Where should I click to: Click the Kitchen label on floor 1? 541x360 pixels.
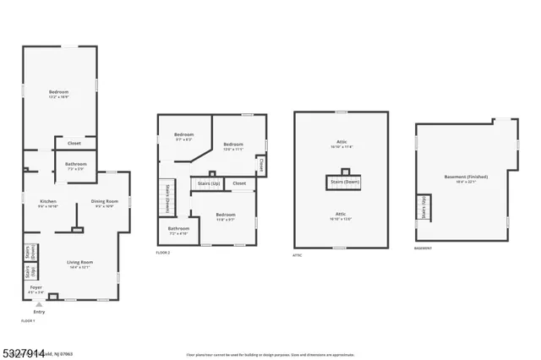pyautogui.click(x=47, y=201)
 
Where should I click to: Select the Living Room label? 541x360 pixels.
pyautogui.click(x=79, y=262)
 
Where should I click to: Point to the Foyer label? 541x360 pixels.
pyautogui.click(x=36, y=287)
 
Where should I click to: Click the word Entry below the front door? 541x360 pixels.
pyautogui.click(x=39, y=312)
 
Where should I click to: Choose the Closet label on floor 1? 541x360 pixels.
pyautogui.click(x=75, y=143)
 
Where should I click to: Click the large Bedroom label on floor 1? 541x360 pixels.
pyautogui.click(x=58, y=92)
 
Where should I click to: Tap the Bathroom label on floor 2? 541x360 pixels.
pyautogui.click(x=178, y=229)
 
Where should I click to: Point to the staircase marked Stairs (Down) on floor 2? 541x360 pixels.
pyautogui.click(x=168, y=198)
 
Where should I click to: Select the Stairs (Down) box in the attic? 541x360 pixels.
pyautogui.click(x=341, y=182)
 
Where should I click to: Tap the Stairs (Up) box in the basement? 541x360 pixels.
pyautogui.click(x=424, y=208)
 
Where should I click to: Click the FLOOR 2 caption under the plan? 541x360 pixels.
pyautogui.click(x=164, y=252)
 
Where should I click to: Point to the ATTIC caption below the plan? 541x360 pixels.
pyautogui.click(x=297, y=254)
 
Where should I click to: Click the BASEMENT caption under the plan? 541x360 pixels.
pyautogui.click(x=423, y=248)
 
